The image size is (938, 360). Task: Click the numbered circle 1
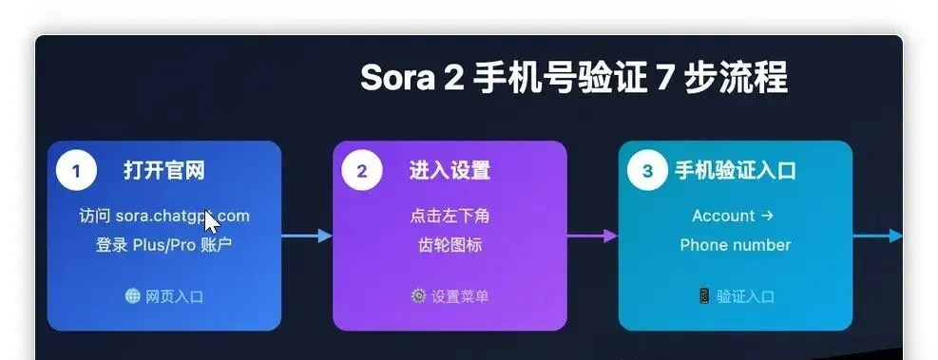[76, 172]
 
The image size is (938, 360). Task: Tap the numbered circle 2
[362, 172]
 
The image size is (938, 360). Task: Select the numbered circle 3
[648, 172]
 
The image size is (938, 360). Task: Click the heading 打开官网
[163, 172]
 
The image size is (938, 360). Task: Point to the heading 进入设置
[450, 172]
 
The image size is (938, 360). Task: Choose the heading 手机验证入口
[736, 172]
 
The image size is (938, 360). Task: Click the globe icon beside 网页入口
[133, 296]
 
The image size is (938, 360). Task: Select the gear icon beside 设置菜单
[418, 296]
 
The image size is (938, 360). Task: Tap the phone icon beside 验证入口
[704, 296]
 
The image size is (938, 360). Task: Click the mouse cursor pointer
[211, 221]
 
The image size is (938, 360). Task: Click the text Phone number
[735, 245]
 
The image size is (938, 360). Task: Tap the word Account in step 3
[723, 217]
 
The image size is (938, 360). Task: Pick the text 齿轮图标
[450, 245]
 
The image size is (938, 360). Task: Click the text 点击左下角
[450, 217]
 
